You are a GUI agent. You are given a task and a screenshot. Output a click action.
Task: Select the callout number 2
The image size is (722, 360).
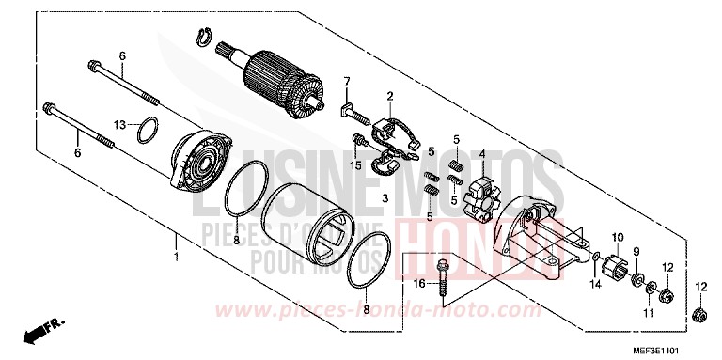click(x=389, y=96)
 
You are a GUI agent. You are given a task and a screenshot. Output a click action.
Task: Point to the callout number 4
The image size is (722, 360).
click(x=481, y=154)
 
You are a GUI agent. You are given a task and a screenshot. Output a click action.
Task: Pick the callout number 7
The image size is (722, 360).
click(x=346, y=80)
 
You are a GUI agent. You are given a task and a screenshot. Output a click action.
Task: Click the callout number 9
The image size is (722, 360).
click(x=635, y=251)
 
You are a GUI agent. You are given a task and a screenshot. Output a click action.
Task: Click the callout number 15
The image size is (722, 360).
click(x=357, y=166)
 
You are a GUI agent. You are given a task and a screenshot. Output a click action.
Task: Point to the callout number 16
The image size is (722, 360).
click(x=419, y=283)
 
